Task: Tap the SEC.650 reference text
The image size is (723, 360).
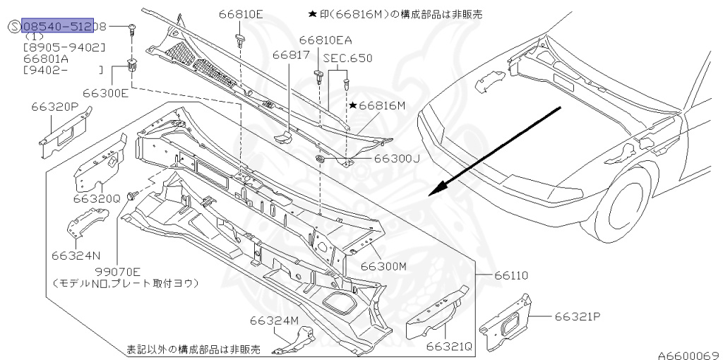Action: point(347,58)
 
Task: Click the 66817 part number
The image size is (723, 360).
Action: point(290,54)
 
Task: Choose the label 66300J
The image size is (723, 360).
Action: point(396,158)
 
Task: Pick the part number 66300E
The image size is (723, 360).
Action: point(105,92)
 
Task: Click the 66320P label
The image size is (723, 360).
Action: point(54,107)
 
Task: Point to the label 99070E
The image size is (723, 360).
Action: point(117,270)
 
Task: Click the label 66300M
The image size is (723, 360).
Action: point(383,266)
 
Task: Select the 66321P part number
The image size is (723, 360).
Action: point(577,316)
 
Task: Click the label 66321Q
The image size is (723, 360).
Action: point(449,346)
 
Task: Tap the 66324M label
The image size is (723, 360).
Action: point(274,321)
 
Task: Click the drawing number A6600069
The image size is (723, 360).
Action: point(688,354)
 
